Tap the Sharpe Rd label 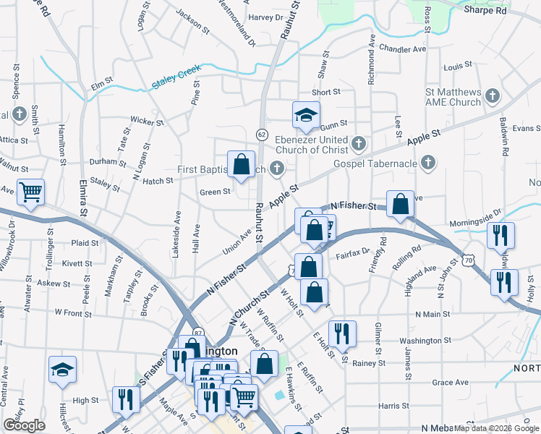485,10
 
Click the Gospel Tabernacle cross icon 428,163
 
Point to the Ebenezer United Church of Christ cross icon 359,145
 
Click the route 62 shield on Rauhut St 262,134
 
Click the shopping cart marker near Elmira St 30,193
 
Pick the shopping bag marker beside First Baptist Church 241,165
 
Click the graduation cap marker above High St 63,370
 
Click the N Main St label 433,315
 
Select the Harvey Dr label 264,17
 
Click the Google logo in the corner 24,425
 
